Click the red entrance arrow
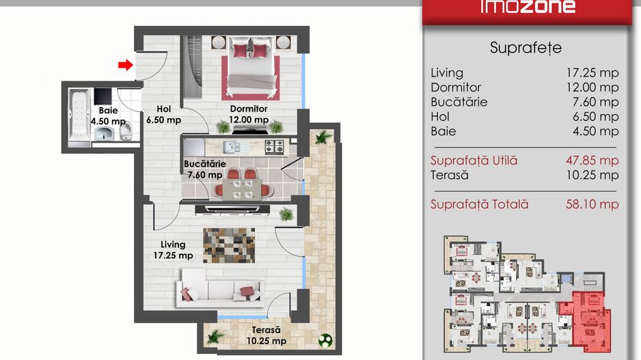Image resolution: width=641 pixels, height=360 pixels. tap(126, 65)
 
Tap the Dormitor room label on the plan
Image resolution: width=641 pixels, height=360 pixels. tap(249, 109)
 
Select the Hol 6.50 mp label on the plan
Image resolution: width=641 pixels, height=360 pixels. tap(163, 114)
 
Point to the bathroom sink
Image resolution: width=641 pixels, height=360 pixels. tap(106, 134)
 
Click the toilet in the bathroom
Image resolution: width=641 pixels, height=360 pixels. tap(126, 132)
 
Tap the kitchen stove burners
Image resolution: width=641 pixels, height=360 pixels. tap(274, 147)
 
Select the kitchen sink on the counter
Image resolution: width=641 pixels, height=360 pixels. tap(232, 147)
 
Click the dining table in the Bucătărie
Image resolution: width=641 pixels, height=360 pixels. tap(245, 189)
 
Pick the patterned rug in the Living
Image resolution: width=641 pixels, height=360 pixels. tap(229, 245)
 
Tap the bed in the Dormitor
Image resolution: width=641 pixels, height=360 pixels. tap(251, 68)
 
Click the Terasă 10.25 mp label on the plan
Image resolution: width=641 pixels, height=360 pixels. tap(266, 335)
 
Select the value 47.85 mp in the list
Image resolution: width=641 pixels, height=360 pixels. tap(592, 161)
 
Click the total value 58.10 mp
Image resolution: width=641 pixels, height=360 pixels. tap(592, 204)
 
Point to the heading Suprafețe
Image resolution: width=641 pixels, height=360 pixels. tap(526, 48)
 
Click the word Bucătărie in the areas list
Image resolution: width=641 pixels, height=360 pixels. tap(459, 102)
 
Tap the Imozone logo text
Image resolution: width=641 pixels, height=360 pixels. tap(528, 7)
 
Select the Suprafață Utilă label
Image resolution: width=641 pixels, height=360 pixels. tap(474, 161)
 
